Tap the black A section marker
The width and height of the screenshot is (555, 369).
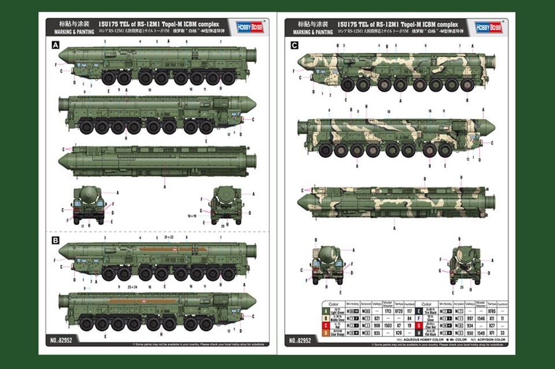(55, 45)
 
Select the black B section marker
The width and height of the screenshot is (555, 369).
(55, 239)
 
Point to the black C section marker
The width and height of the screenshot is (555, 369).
(294, 45)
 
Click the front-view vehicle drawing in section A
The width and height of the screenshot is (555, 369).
(89, 204)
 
